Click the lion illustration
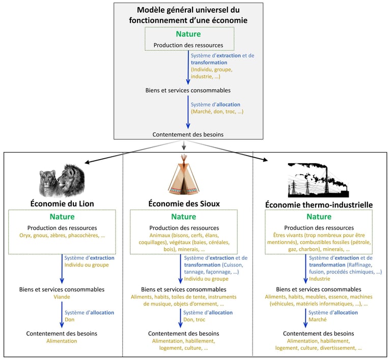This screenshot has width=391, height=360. coord(62,180)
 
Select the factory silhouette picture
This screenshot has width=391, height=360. coord(318,179)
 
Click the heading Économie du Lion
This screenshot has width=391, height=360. coord(62,203)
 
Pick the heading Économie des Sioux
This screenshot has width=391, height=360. coord(184,203)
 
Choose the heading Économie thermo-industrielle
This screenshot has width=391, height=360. coord(319,204)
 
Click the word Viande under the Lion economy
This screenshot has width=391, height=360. coord(62,296)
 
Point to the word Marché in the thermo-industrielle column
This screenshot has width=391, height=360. coord(318,319)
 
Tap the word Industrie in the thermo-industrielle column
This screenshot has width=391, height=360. coord(320,279)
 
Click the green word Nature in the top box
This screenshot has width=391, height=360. coord(188,34)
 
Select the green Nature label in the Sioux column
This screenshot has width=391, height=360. coord(184,217)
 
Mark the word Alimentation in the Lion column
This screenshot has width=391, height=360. coord(62,341)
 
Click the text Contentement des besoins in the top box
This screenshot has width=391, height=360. coord(188,134)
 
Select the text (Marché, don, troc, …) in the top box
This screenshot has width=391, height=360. coord(217,111)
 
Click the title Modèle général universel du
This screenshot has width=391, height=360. coord(188,10)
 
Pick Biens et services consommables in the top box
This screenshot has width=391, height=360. coord(188,91)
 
